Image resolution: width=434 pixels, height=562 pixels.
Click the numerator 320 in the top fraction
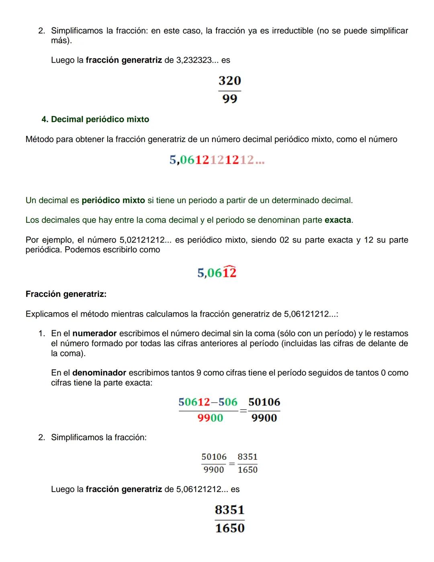[229, 80]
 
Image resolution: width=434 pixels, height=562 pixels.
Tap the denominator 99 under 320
[229, 99]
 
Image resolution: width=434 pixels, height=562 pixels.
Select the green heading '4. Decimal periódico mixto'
[95, 119]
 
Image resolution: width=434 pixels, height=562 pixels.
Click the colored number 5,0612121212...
[217, 160]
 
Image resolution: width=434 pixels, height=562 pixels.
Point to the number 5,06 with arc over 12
[217, 273]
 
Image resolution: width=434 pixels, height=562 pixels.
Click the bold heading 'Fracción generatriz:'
[66, 294]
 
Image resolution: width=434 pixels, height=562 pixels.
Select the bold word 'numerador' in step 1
[94, 333]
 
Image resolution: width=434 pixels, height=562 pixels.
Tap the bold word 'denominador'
[99, 373]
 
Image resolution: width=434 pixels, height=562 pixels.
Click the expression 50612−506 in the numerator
[208, 402]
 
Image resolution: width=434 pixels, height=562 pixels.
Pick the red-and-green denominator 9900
[210, 418]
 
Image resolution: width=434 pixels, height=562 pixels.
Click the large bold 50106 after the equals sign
[264, 402]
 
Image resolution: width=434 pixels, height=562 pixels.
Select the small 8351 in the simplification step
[248, 457]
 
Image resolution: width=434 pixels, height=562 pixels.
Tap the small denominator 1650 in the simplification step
[248, 469]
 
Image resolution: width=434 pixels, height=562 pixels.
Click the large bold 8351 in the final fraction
[229, 510]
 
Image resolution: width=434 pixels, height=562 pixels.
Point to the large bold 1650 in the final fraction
[229, 528]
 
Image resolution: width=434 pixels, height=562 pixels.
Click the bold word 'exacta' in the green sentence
[338, 220]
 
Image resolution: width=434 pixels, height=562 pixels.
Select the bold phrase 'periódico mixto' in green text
[113, 200]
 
